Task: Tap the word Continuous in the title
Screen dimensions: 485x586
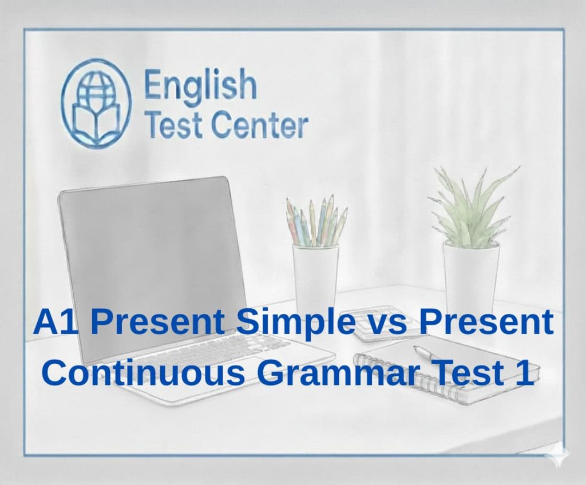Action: point(144,372)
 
